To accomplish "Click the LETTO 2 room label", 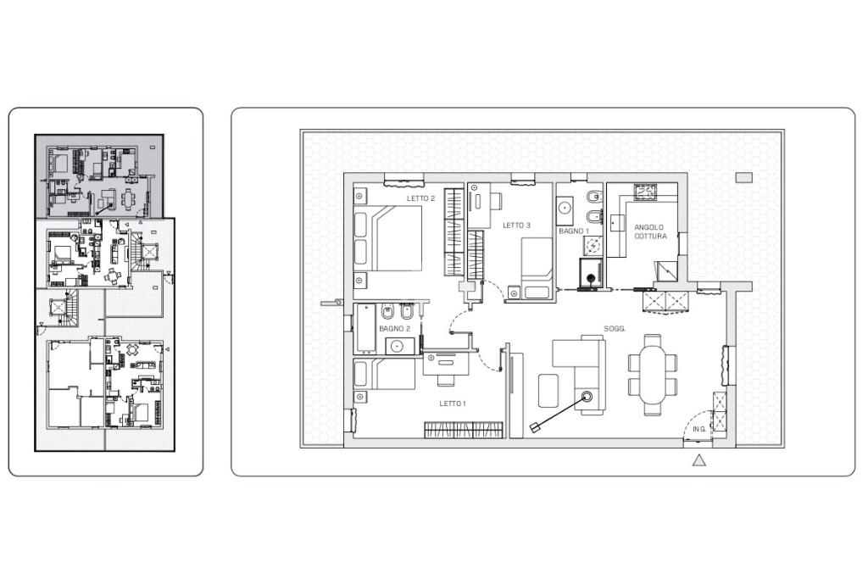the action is pyautogui.click(x=420, y=198).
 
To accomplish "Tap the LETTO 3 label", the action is pyautogui.click(x=516, y=225).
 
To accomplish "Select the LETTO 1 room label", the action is pyautogui.click(x=453, y=404).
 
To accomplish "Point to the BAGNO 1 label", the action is pyautogui.click(x=574, y=231).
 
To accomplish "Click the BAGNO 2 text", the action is pyautogui.click(x=395, y=329).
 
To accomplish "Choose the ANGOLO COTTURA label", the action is pyautogui.click(x=650, y=231).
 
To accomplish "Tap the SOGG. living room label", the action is pyautogui.click(x=615, y=329).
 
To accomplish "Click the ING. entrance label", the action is pyautogui.click(x=699, y=430).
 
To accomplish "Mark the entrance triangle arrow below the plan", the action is pyautogui.click(x=699, y=460).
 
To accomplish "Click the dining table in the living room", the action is pyautogui.click(x=654, y=375).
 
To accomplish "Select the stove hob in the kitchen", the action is pyautogui.click(x=644, y=191).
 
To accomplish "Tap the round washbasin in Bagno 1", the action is pyautogui.click(x=565, y=209).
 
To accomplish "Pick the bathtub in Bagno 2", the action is pyautogui.click(x=365, y=328).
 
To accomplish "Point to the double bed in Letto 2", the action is pyautogui.click(x=388, y=238).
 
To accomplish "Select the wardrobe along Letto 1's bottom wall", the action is pyautogui.click(x=464, y=430).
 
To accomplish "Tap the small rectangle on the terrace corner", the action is pyautogui.click(x=744, y=178).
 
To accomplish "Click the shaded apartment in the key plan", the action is pyautogui.click(x=100, y=176).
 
